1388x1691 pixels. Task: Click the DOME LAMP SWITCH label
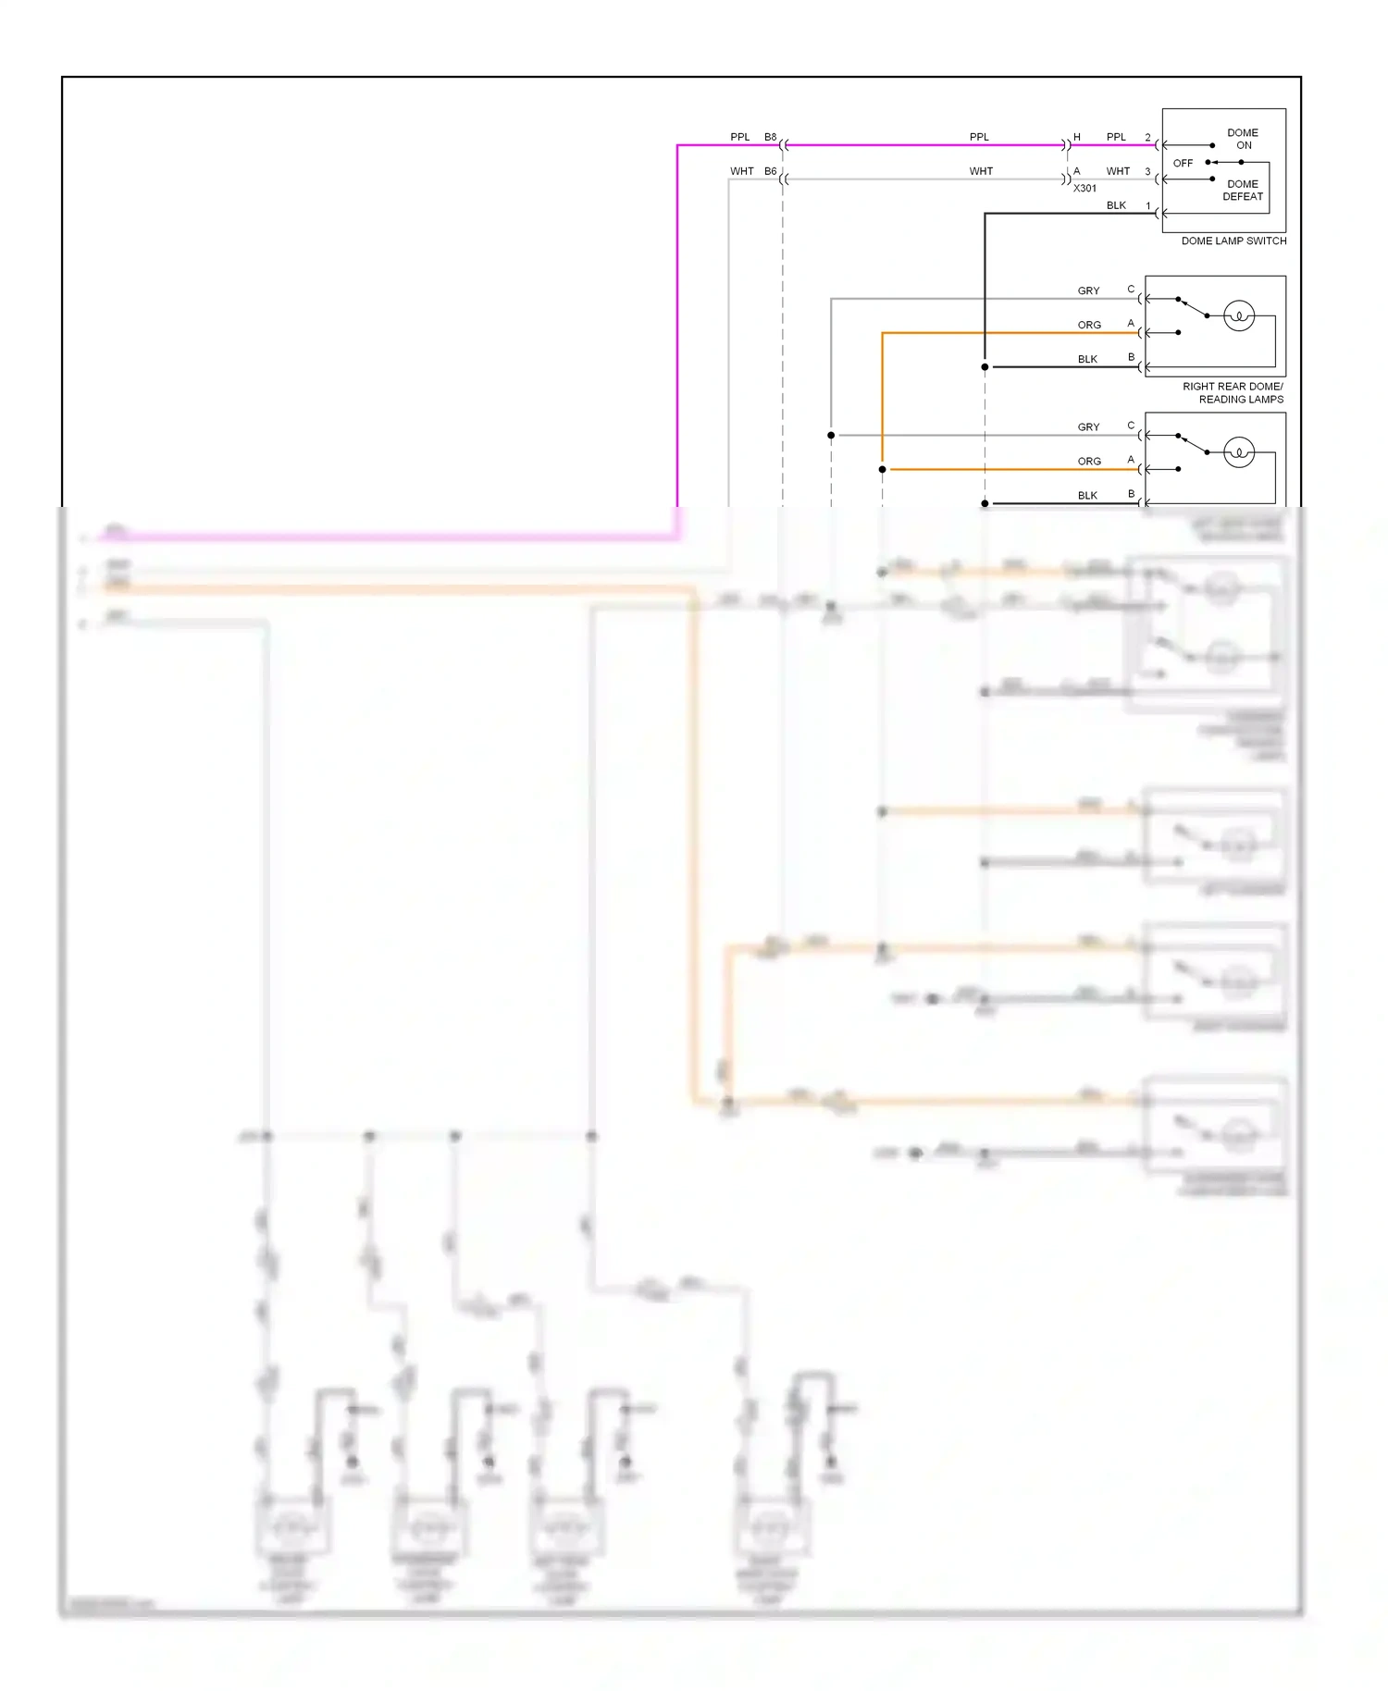(x=1233, y=241)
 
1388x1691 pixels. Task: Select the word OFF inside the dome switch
(x=1183, y=163)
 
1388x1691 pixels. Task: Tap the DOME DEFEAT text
(x=1242, y=190)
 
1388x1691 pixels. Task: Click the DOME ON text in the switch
(x=1242, y=139)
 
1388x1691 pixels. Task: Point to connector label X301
(x=1084, y=188)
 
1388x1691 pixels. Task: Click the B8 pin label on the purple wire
(x=770, y=137)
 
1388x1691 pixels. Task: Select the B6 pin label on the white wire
(x=770, y=171)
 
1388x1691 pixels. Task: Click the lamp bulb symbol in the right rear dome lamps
(x=1238, y=316)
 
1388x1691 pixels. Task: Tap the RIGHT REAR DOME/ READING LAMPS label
(x=1233, y=393)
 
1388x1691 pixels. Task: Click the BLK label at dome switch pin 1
(x=1116, y=205)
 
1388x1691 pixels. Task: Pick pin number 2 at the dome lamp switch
(x=1147, y=138)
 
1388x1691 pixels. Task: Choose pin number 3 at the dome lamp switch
(x=1147, y=172)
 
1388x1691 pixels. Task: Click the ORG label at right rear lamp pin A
(x=1089, y=325)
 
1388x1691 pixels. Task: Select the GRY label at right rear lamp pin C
(x=1088, y=290)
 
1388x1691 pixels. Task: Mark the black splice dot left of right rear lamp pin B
(x=985, y=367)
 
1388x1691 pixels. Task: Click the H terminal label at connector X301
(x=1076, y=137)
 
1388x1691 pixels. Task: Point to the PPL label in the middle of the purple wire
(x=979, y=137)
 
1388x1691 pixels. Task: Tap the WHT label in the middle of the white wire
(x=981, y=171)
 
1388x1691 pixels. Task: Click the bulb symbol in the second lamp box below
(x=1238, y=452)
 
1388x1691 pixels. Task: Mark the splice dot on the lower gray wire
(x=831, y=435)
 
